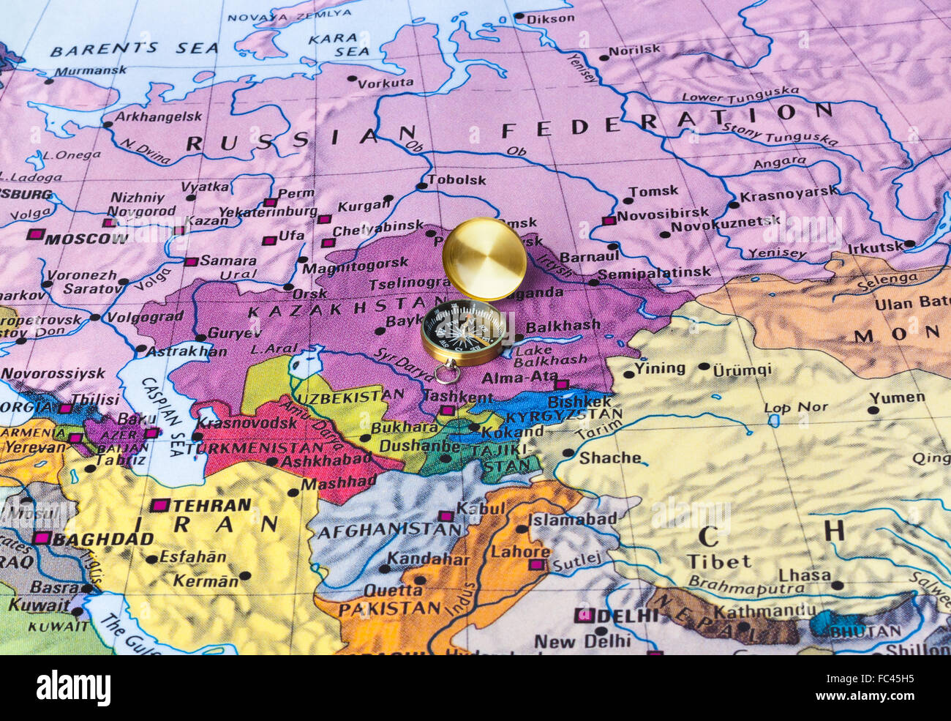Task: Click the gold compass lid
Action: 484,258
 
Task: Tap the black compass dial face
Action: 463,331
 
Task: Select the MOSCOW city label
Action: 86,239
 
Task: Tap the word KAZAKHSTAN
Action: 336,311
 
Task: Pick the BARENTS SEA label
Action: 134,49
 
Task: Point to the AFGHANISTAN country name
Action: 377,528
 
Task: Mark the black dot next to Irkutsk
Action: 909,244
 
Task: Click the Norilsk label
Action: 634,51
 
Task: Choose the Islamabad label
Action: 573,519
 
